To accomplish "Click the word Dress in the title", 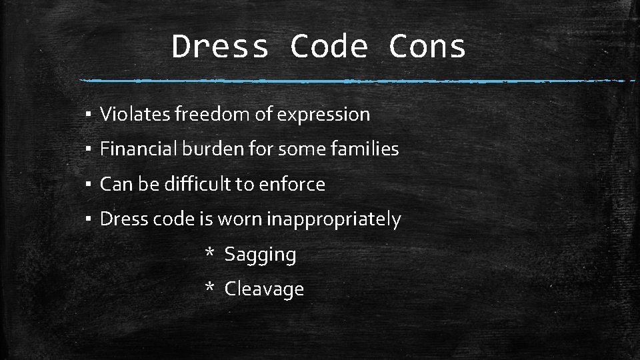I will coord(220,47).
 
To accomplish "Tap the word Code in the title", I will coord(329,47).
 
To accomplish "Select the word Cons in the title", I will coord(427,47).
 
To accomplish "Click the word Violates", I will coord(135,115).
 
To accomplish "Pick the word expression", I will coord(323,115).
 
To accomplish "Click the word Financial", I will coord(138,149).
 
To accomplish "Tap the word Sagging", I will coord(260,255).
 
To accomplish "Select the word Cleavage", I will coord(264,289).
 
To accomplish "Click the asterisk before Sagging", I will coord(209,253).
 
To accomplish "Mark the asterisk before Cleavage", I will coord(209,288).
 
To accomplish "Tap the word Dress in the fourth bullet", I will coord(121,219).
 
